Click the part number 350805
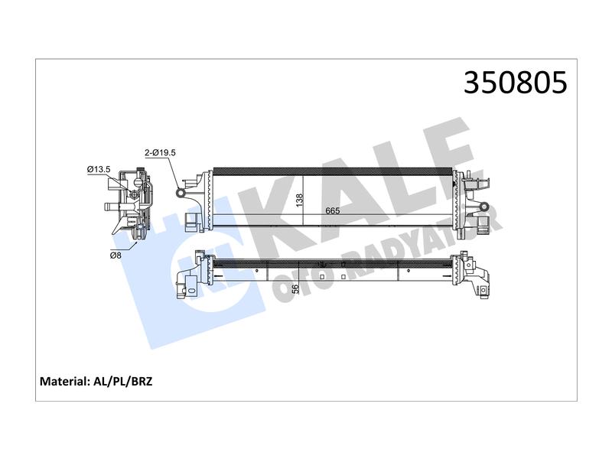pyautogui.click(x=515, y=83)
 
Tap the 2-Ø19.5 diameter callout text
pyautogui.click(x=160, y=152)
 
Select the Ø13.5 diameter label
pyautogui.click(x=99, y=169)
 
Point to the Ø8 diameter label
pyautogui.click(x=116, y=256)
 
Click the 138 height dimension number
pyautogui.click(x=299, y=200)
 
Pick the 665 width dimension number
pyautogui.click(x=333, y=211)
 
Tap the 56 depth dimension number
pyautogui.click(x=295, y=289)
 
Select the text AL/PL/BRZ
pyautogui.click(x=122, y=381)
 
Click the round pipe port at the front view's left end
pyautogui.click(x=181, y=193)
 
